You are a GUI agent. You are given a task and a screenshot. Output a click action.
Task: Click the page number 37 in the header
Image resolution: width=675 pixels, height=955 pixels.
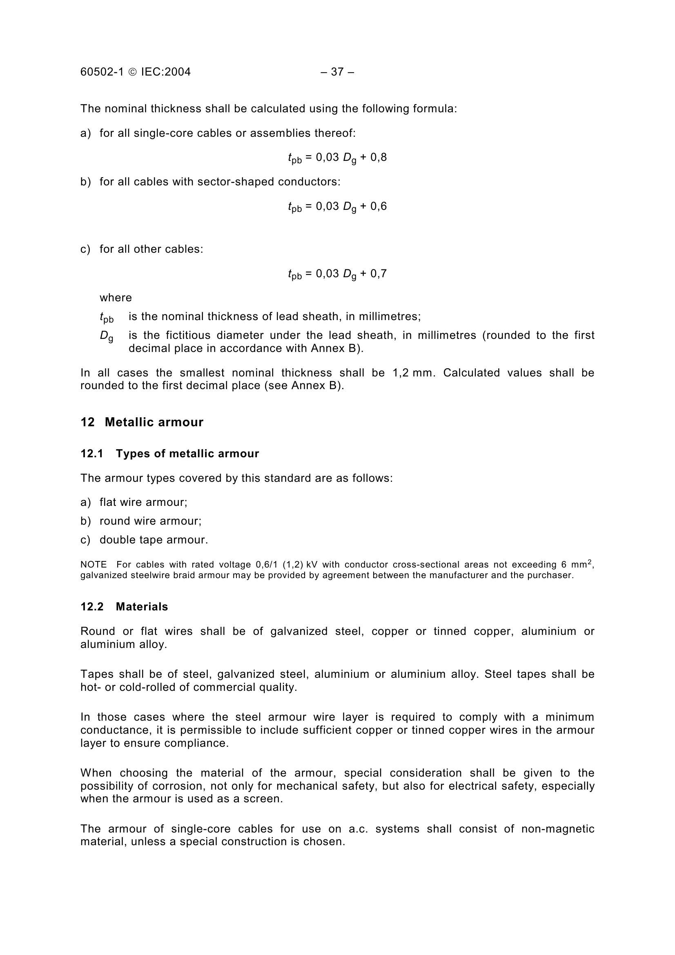337,72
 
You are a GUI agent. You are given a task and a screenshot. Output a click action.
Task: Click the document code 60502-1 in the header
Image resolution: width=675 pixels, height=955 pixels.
102,72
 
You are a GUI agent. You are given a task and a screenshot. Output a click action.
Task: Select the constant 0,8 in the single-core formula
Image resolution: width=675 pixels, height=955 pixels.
379,157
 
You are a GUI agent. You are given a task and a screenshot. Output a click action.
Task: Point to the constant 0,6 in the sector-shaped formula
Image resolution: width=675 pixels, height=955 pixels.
379,206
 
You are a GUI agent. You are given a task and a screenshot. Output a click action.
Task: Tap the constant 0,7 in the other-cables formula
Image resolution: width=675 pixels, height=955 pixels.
379,273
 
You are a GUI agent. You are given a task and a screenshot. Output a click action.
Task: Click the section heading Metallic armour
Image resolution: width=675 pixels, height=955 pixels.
154,422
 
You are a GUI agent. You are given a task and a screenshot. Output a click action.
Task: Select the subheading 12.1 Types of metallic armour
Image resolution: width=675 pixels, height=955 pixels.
170,453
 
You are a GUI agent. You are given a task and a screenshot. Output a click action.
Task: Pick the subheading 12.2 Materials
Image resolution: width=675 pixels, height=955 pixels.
124,606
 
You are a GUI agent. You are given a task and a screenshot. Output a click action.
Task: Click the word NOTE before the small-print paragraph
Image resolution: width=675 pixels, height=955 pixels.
94,565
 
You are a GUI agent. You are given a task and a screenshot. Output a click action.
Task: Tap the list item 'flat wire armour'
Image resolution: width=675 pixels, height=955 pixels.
143,502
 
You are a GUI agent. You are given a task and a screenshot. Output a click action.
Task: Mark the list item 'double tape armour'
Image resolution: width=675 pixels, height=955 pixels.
154,539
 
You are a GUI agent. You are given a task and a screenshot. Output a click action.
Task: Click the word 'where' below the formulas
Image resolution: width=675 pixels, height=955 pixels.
116,297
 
